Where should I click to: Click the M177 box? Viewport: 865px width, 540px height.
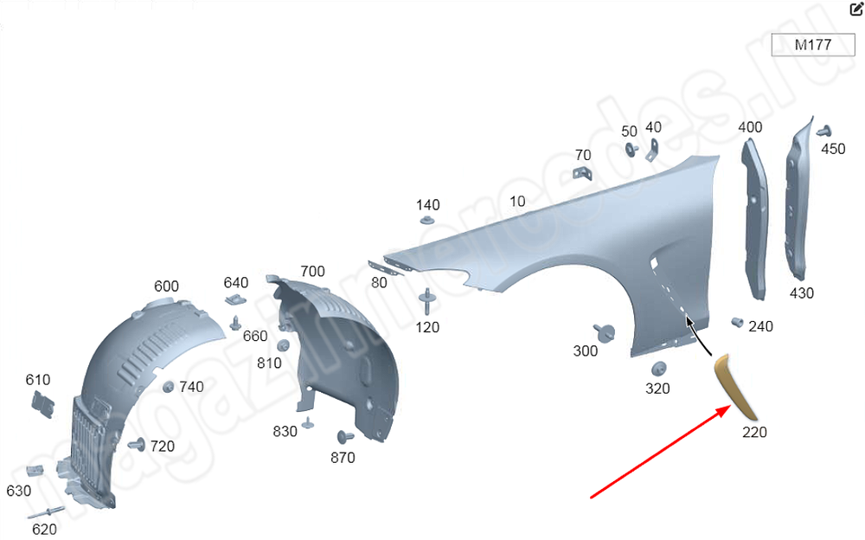pos(812,45)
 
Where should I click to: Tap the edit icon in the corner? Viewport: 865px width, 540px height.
pos(856,9)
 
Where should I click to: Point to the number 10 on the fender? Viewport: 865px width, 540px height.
pos(517,202)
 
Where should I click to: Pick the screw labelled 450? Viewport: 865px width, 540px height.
pos(824,132)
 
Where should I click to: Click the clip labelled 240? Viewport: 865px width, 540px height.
pos(737,322)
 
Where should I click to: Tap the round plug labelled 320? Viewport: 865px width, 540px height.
pos(658,369)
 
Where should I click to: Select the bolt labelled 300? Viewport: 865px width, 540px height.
pos(605,331)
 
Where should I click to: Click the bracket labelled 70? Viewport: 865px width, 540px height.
pos(582,172)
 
